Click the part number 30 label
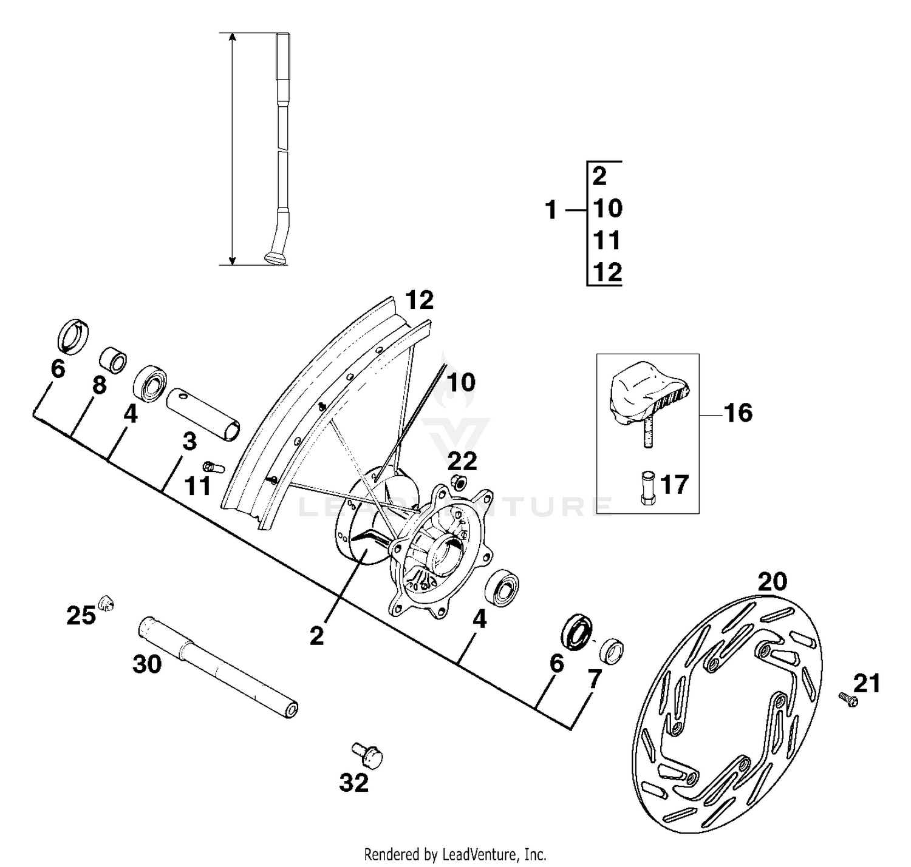point(147,664)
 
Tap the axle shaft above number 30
point(219,667)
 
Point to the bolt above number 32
point(367,754)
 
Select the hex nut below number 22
point(459,483)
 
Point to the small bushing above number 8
point(113,359)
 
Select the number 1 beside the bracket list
point(551,211)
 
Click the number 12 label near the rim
point(420,300)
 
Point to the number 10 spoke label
point(461,382)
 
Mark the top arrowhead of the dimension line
point(232,38)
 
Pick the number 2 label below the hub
point(316,636)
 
